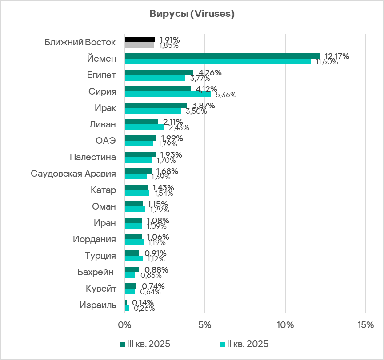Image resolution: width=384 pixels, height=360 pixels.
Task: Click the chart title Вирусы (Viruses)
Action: point(192,14)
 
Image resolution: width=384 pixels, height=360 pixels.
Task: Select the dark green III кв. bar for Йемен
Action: point(222,56)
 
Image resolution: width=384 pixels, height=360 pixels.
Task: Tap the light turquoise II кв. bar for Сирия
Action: point(168,94)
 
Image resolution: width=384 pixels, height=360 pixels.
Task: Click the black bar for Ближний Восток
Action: point(140,40)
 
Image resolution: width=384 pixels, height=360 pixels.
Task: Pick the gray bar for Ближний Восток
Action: point(139,45)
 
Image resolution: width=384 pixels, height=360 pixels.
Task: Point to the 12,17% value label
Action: point(336,56)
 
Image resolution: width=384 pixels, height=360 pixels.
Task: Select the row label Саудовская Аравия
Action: point(73,174)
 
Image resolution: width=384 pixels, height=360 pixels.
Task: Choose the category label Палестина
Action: point(93,157)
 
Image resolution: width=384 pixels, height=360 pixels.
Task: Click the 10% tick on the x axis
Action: point(285,325)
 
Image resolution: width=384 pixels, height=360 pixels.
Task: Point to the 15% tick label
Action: point(365,325)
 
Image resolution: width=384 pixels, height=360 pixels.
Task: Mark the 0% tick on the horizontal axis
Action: point(124,325)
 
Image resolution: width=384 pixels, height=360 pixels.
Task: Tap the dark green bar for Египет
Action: point(159,72)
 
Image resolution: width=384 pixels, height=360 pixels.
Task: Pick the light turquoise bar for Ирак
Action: point(153,111)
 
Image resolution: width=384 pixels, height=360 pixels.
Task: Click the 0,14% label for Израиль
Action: point(142,302)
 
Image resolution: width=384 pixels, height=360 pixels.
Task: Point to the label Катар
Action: point(103,190)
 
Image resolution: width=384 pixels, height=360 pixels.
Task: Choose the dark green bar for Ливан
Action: point(141,122)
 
